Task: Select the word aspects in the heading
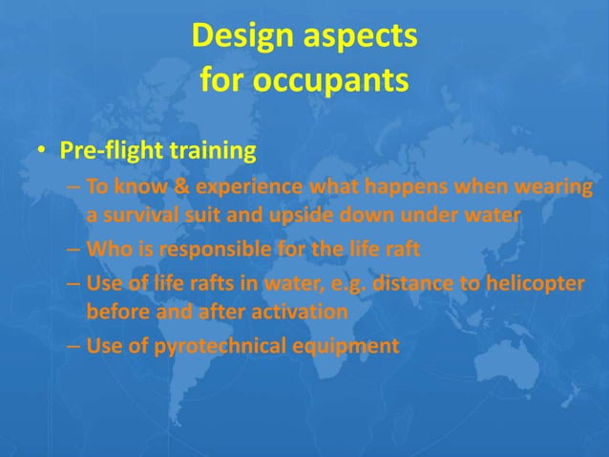point(364,38)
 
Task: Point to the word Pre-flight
point(112,151)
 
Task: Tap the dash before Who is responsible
point(73,251)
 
